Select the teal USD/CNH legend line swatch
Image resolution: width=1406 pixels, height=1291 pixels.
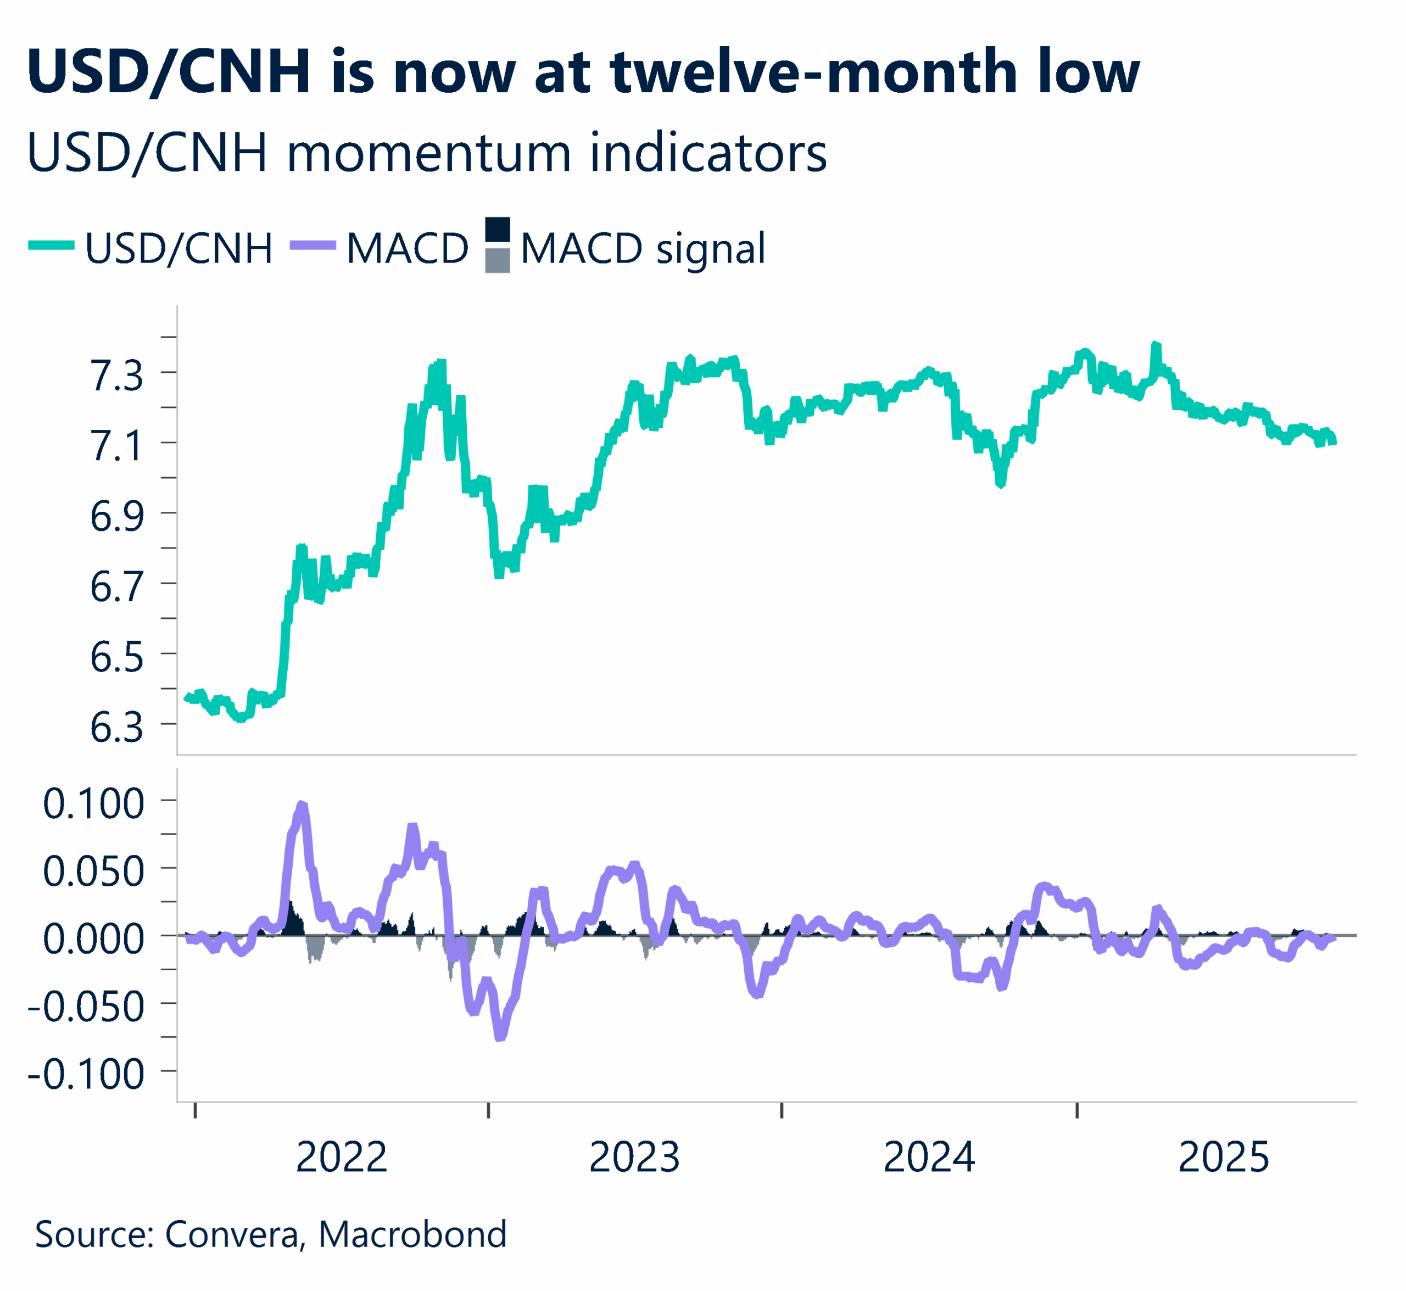[x=52, y=245]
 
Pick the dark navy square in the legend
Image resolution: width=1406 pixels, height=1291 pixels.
[x=498, y=229]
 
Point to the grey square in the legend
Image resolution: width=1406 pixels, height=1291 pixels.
[x=498, y=261]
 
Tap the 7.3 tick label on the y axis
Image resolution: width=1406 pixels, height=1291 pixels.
[x=116, y=375]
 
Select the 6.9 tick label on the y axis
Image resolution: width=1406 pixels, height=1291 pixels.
[x=116, y=516]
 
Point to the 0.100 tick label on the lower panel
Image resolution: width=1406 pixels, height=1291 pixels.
[x=93, y=803]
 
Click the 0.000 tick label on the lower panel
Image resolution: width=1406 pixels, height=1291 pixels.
[x=93, y=938]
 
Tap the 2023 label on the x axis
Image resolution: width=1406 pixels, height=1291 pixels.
[x=634, y=1158]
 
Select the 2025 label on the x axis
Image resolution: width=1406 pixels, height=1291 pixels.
[x=1224, y=1158]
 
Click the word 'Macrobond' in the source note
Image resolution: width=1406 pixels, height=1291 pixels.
[x=412, y=1234]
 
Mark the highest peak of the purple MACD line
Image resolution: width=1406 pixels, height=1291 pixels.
[x=303, y=806]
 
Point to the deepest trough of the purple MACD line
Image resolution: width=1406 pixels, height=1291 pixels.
[x=500, y=1038]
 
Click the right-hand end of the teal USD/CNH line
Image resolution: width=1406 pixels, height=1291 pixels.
[x=1334, y=441]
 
